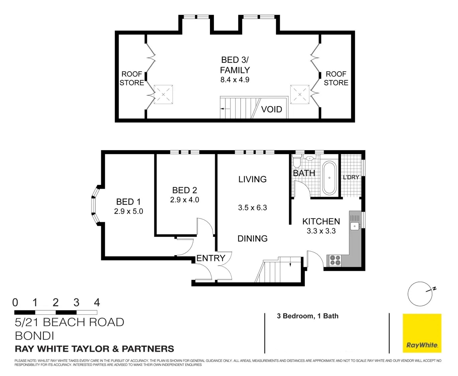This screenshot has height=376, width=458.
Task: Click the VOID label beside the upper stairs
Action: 271,109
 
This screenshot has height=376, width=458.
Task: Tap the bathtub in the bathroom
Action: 329,178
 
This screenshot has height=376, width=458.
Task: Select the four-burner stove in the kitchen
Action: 335,260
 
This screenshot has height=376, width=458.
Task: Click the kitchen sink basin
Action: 354,226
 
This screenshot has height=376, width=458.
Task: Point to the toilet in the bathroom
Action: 296,160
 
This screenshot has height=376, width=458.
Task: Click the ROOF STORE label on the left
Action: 132,79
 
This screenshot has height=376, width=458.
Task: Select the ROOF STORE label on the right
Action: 336,79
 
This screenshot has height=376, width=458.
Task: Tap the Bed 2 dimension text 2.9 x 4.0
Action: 185,200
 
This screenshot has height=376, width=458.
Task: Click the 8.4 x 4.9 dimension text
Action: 235,80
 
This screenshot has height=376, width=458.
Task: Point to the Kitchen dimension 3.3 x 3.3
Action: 321,231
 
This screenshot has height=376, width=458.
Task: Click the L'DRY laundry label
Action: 351,177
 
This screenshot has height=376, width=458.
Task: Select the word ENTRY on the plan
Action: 211,258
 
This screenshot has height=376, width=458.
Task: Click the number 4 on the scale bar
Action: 97,302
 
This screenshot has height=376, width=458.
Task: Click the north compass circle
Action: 420,294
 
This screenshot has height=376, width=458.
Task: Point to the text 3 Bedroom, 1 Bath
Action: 308,316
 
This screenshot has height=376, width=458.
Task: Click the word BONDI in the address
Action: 34,336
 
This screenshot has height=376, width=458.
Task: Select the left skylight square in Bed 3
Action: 163,95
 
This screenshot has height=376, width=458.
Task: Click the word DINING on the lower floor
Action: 252,239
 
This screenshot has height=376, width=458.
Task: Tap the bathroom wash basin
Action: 310,158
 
